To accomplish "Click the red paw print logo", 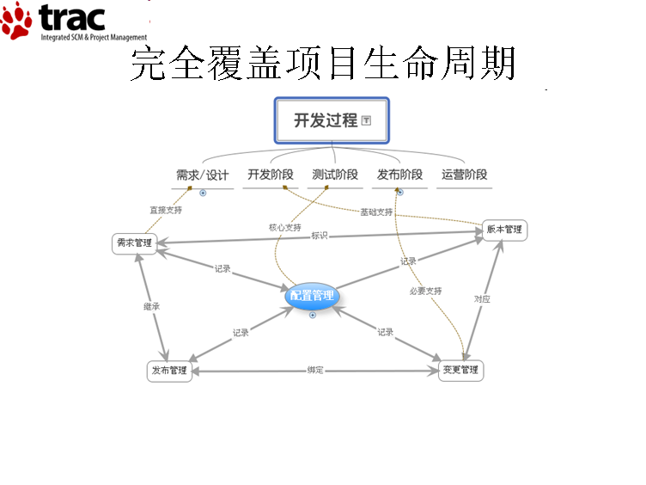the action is pos(15,21).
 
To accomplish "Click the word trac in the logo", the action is pos(71,18).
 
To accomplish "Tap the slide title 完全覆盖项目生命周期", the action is pos(323,63).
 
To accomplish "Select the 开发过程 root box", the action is pos(332,120).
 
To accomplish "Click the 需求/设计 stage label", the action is pos(202,175).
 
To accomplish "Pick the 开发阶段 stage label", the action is pos(271,175).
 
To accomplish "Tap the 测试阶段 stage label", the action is pos(335,175).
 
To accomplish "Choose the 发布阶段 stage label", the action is pos(399,175).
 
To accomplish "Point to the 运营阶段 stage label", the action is pos(464,175).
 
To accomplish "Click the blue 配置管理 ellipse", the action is pos(312,295).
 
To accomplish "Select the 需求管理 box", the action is pos(134,243).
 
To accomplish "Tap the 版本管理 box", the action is pos(504,230).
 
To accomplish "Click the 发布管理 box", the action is pos(169,371).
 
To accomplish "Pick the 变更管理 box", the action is pos(460,370).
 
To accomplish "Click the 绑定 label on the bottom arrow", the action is pos(315,370).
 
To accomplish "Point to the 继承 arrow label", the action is pos(151,306).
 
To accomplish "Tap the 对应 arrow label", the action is pos(482,299).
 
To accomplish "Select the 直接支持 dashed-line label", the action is pos(166,211).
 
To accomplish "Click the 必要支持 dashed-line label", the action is pos(425,292).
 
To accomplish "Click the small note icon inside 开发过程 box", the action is pos(366,120).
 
